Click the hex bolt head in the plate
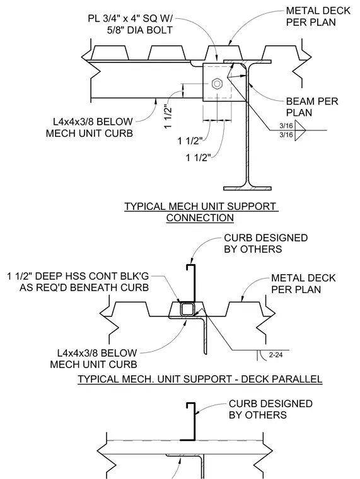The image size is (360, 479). pos(217,83)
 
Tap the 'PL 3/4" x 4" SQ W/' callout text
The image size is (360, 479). pos(130,18)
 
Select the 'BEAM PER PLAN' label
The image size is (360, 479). pos(312,107)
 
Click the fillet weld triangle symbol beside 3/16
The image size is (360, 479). pos(300,130)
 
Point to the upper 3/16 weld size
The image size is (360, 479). pos(286,125)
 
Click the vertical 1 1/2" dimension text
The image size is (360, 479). pos(169,118)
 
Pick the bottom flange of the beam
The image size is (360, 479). pos(247,188)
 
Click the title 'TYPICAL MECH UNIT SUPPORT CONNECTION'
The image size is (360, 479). pos(201,212)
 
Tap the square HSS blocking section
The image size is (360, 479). pos(187,309)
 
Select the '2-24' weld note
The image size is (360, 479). pos(276,355)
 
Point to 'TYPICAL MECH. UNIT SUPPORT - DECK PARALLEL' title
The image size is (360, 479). pos(200,379)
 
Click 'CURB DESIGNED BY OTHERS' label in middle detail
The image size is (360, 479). pos(265,243)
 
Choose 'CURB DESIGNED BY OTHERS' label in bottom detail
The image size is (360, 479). pos(270,409)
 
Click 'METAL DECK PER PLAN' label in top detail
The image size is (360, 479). pos(318,16)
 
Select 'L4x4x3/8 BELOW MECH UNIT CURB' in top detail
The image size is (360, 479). pos(90,127)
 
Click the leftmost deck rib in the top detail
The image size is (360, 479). pos(110,52)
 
